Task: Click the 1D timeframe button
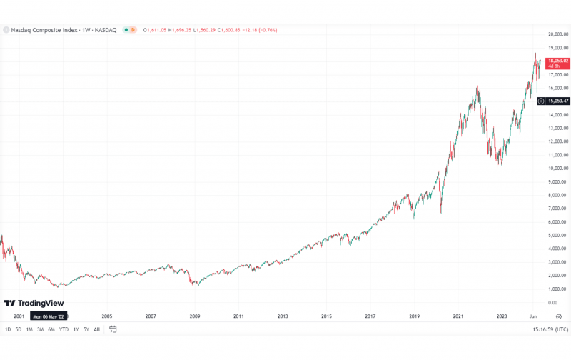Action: coord(8,329)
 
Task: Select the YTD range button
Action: coord(64,329)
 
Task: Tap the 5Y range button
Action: coord(86,329)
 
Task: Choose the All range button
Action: coord(96,329)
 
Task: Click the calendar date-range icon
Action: coord(113,329)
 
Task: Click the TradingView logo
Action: coord(34,303)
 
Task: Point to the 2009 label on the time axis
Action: coord(194,316)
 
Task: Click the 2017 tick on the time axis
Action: coord(370,316)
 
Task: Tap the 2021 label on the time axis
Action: coord(458,316)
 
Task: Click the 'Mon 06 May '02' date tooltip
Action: coord(49,316)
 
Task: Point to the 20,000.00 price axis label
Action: coord(557,34)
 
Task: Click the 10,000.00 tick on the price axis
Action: coord(557,169)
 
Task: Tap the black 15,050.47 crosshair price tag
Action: coord(557,101)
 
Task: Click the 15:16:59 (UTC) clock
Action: coord(550,329)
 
